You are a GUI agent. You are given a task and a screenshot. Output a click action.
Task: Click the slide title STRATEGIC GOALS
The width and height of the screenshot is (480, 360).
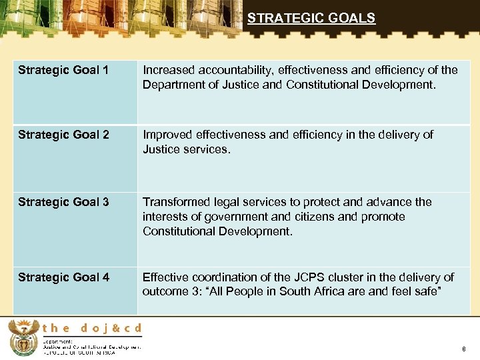pyautogui.click(x=311, y=19)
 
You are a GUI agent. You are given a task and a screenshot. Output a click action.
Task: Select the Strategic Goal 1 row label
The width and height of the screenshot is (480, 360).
pyautogui.click(x=63, y=70)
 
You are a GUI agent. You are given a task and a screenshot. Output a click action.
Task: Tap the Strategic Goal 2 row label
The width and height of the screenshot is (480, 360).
pyautogui.click(x=63, y=135)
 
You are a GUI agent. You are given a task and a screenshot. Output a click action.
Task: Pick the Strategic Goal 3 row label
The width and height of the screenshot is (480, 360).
pyautogui.click(x=63, y=202)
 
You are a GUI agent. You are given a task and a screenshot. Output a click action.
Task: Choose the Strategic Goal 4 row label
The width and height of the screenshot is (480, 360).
pyautogui.click(x=63, y=277)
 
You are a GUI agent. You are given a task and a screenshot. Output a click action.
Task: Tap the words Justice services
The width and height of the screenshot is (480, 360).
pyautogui.click(x=186, y=150)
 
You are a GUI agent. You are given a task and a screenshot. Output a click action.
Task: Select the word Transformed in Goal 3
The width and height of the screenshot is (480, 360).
pyautogui.click(x=175, y=202)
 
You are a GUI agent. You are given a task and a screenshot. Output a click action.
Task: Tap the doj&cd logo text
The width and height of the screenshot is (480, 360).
pyautogui.click(x=93, y=328)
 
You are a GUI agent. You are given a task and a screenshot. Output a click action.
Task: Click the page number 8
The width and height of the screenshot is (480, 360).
pyautogui.click(x=463, y=349)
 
